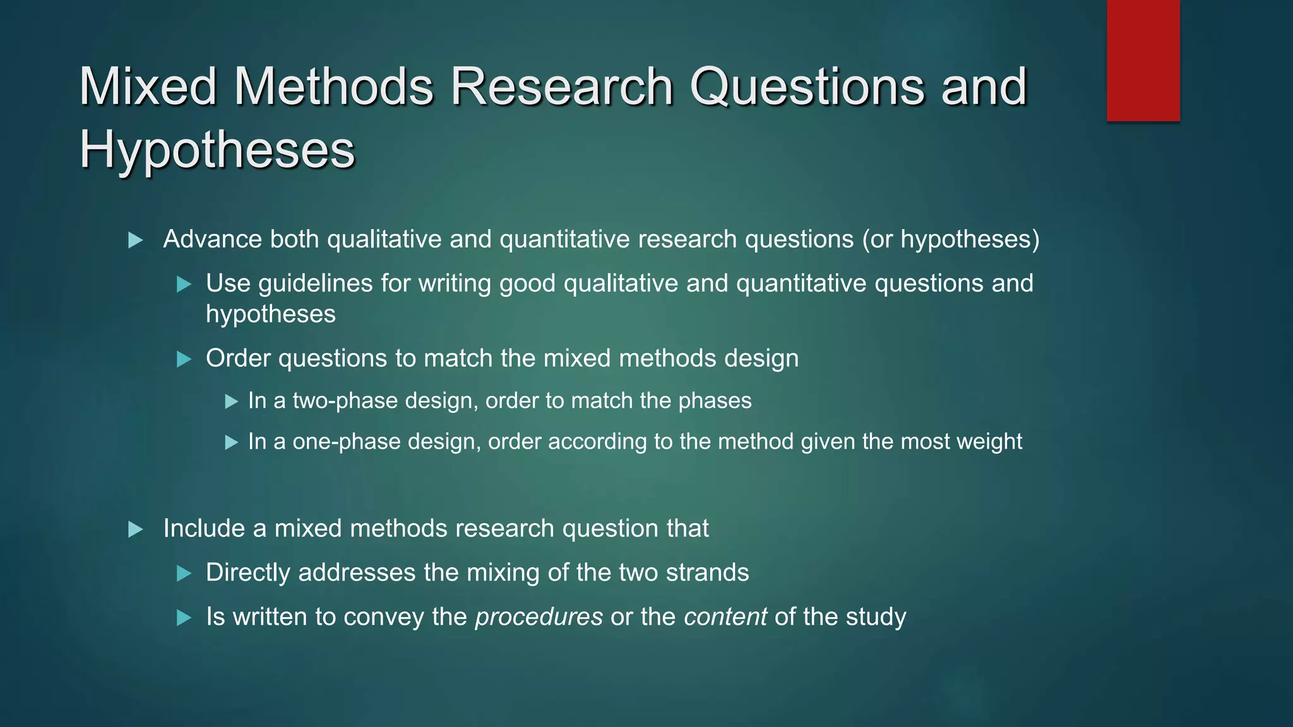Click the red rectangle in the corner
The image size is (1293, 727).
pyautogui.click(x=1143, y=61)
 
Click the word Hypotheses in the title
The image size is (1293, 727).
pyautogui.click(x=217, y=150)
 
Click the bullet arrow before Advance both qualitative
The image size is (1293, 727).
pyautogui.click(x=135, y=240)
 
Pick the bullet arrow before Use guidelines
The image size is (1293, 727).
pyautogui.click(x=184, y=285)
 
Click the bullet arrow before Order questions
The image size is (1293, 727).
pyautogui.click(x=184, y=360)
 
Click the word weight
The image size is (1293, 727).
pyautogui.click(x=989, y=442)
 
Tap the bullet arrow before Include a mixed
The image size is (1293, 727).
pyautogui.click(x=135, y=529)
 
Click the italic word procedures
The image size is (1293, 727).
pyautogui.click(x=539, y=617)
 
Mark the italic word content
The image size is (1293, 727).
pyautogui.click(x=725, y=617)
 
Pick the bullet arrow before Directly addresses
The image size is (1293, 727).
pyautogui.click(x=184, y=574)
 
